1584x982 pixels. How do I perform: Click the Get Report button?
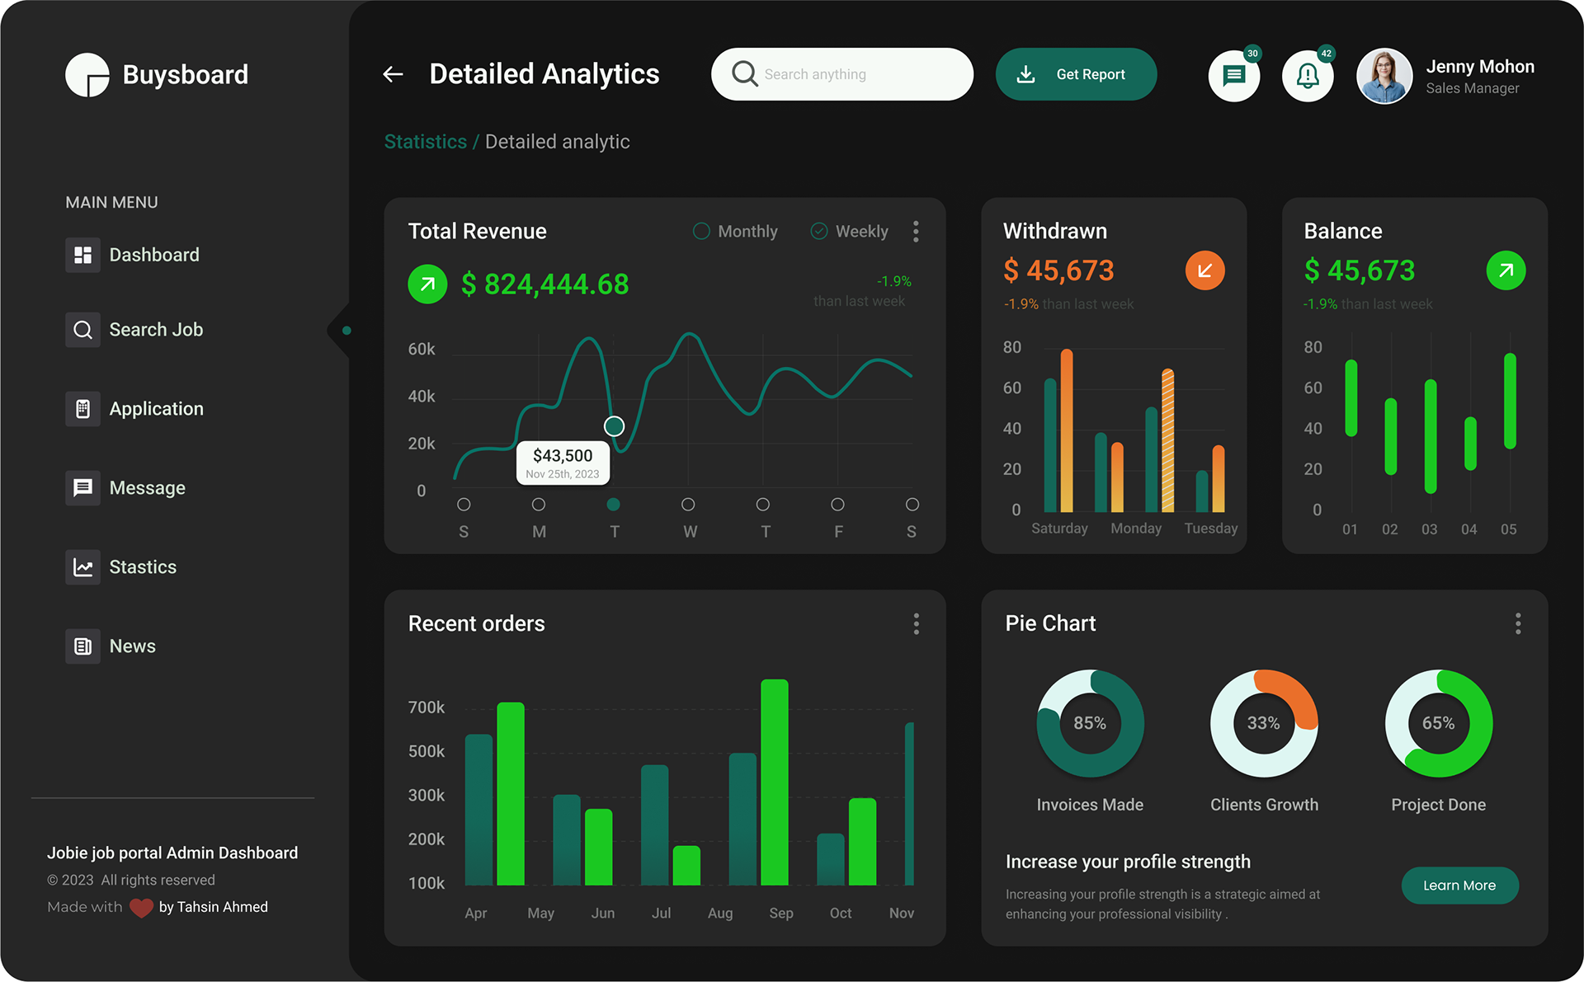click(x=1076, y=74)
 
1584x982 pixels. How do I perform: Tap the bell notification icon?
click(x=1308, y=76)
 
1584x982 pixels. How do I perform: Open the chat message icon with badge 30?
click(x=1233, y=76)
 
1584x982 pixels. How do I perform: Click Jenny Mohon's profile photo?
click(x=1384, y=76)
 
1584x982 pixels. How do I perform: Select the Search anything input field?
click(x=850, y=74)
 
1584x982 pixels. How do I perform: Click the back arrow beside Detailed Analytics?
click(x=394, y=74)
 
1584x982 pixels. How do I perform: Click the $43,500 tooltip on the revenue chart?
click(x=563, y=463)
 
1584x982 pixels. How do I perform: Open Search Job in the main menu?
click(x=155, y=330)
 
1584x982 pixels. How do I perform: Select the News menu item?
click(x=132, y=646)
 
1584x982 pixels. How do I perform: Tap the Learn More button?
click(x=1459, y=886)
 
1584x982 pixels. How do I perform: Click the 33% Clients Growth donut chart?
click(x=1264, y=723)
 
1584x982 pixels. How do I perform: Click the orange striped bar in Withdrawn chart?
click(x=1167, y=441)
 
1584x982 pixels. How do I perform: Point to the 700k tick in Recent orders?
click(x=426, y=707)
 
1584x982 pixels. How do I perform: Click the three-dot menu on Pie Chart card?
click(x=1517, y=623)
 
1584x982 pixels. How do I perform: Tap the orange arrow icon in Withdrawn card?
click(x=1204, y=270)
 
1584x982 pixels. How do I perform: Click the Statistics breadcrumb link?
click(x=425, y=142)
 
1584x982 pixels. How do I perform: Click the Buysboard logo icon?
click(x=87, y=75)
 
